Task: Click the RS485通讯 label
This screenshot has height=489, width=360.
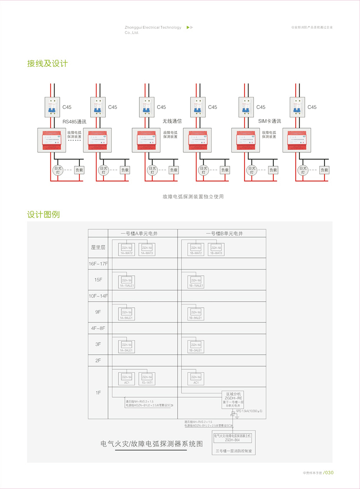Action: (x=74, y=122)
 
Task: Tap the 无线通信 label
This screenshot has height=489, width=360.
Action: (x=172, y=121)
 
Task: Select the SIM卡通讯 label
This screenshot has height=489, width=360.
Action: (x=269, y=121)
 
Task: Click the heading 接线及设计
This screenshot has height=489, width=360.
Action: (x=47, y=64)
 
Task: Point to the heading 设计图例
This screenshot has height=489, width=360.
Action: (x=43, y=215)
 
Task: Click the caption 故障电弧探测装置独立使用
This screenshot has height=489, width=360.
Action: (x=193, y=197)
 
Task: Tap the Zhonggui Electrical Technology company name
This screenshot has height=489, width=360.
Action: (x=153, y=28)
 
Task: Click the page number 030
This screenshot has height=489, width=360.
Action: (x=329, y=473)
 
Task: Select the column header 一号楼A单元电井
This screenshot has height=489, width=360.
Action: (x=139, y=234)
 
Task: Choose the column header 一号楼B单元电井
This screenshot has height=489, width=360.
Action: (x=224, y=234)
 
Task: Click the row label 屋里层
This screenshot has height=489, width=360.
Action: (x=98, y=248)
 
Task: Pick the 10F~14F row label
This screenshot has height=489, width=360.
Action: (x=98, y=296)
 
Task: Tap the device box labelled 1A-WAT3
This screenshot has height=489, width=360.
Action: (x=147, y=249)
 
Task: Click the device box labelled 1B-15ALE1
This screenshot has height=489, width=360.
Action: (x=196, y=281)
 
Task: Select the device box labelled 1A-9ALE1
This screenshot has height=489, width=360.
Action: (x=126, y=314)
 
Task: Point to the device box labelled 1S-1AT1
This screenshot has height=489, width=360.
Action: (x=147, y=379)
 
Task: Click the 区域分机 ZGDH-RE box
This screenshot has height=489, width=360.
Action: (x=233, y=399)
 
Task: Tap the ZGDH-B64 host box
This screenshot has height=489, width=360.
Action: (x=233, y=438)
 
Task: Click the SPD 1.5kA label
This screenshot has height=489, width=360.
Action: (x=249, y=411)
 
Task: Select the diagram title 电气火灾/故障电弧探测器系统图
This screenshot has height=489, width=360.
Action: (x=151, y=444)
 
